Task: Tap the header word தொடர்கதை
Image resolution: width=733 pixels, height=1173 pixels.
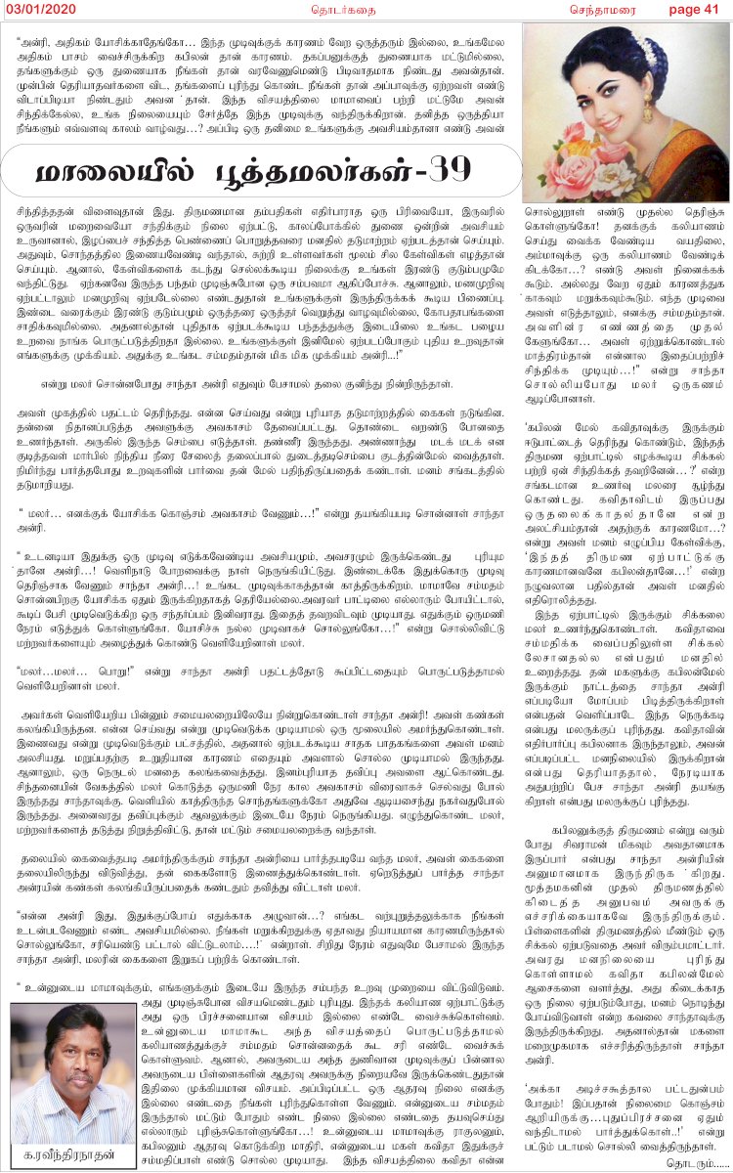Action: tap(292, 9)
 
